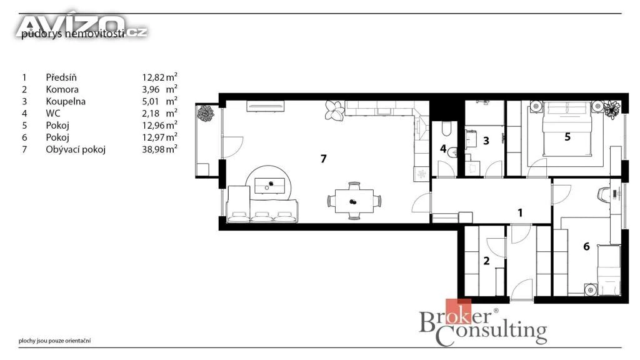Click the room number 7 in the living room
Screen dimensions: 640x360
(x=323, y=158)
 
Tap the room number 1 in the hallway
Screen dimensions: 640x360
(x=520, y=212)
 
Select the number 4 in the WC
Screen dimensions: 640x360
(x=443, y=149)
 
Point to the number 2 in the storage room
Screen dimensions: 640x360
(x=486, y=261)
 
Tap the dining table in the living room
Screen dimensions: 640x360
(x=354, y=201)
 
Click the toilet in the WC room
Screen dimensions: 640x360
(x=446, y=129)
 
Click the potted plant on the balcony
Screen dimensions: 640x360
(x=205, y=113)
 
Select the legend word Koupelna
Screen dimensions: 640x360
(x=66, y=101)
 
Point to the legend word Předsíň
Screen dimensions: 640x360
(x=61, y=77)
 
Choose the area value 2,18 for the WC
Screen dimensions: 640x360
(x=151, y=114)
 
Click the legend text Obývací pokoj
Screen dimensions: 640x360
(x=76, y=149)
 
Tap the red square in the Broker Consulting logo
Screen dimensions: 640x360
(x=458, y=311)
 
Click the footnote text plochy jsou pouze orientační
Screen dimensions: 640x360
(x=55, y=341)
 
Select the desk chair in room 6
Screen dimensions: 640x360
(x=604, y=194)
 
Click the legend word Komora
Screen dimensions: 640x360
(x=62, y=89)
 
